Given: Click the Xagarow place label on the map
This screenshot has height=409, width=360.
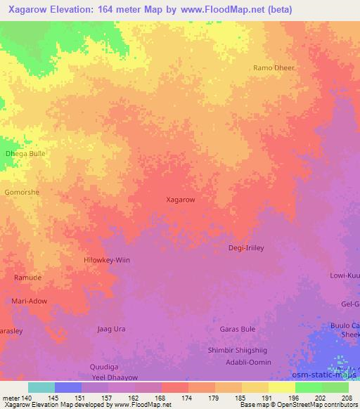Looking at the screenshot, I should tap(180, 200).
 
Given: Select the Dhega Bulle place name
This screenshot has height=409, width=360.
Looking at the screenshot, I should tap(25, 153).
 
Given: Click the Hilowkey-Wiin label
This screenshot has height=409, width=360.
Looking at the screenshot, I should tap(107, 260).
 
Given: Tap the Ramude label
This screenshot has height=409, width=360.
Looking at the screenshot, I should tap(27, 278).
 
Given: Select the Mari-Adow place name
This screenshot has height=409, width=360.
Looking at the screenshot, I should tap(29, 301).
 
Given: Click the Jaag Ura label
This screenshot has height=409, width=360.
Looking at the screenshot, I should tap(110, 328).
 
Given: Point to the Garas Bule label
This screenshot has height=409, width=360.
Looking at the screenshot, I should tap(237, 329).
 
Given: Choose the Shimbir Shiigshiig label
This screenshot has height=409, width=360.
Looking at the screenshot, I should tap(238, 350).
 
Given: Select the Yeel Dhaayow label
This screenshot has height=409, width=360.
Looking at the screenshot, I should tap(113, 377).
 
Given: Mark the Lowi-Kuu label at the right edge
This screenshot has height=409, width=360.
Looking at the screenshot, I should tap(345, 276).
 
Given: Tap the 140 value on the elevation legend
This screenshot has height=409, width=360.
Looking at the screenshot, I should tap(26, 398).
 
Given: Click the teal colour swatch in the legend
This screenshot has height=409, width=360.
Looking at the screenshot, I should tap(41, 387).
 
